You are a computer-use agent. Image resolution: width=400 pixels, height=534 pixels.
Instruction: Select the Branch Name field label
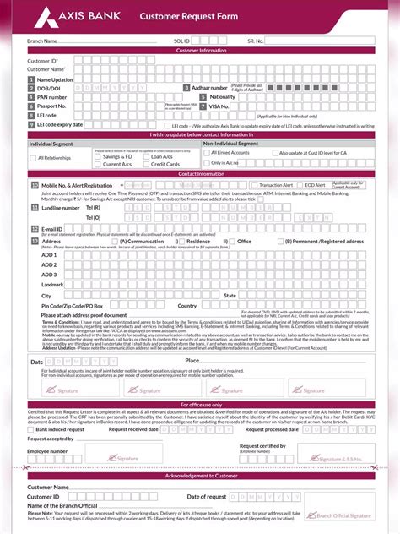pos(42,41)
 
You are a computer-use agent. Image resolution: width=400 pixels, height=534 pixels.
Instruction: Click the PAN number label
pos(52,97)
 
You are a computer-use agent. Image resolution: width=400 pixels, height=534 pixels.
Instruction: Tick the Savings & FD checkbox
pos(96,156)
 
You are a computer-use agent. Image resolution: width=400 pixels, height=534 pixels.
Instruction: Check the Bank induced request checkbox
pos(31,429)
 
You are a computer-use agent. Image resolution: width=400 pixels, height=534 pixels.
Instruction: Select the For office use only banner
pos(199,404)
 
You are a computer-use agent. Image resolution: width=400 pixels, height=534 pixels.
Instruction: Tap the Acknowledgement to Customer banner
pos(199,477)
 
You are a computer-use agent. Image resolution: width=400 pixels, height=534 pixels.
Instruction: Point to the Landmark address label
pos(53,285)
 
